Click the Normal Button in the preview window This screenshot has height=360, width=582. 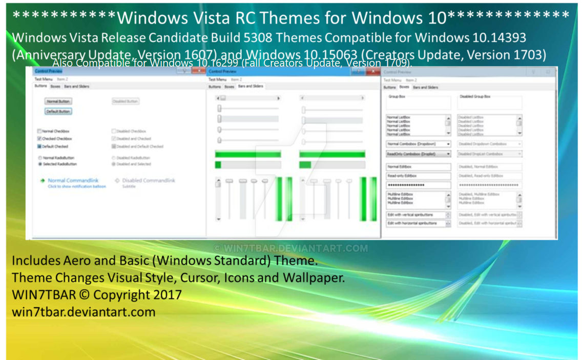point(58,101)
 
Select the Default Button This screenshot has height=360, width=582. point(58,111)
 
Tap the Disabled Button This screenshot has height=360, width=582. point(126,101)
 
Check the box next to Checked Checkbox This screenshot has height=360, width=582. point(39,139)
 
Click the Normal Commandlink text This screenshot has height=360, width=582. point(73,180)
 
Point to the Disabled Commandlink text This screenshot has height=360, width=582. point(149,180)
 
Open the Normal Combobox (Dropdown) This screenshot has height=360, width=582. point(418,144)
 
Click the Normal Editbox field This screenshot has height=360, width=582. point(418,166)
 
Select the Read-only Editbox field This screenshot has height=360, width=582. point(418,176)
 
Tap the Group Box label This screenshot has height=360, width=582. point(397,96)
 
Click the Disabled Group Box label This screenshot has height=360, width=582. point(474,96)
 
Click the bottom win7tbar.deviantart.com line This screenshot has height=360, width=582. point(84,311)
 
